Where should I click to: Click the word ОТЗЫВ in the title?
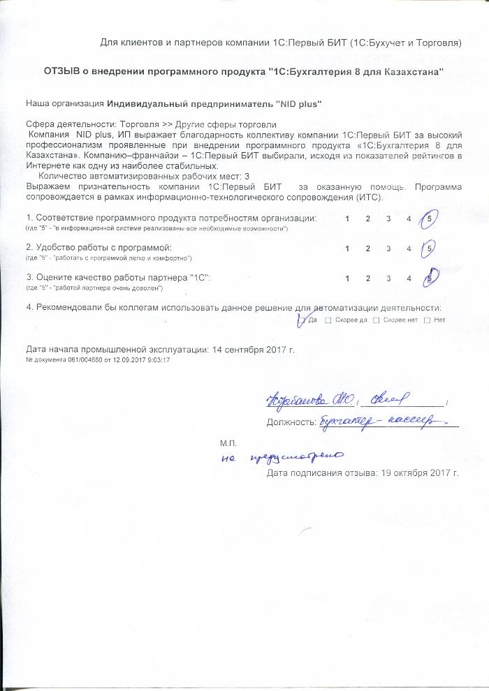pos(65,73)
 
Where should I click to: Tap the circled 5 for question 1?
pos(429,219)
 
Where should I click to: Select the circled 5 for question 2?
pos(430,248)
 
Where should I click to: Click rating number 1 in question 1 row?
pos(348,219)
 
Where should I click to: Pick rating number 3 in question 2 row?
pos(388,248)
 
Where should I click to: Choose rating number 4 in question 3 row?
pos(409,278)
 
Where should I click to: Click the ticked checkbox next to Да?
pos(301,320)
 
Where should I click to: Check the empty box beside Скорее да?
pos(329,320)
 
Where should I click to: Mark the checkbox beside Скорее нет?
pos(377,320)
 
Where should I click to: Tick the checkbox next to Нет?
pos(427,320)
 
